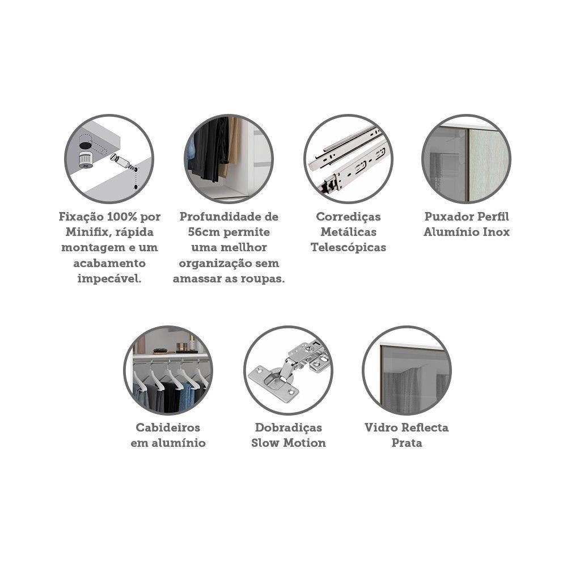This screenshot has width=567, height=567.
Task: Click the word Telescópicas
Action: (348, 248)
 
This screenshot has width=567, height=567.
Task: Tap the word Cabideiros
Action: (168, 428)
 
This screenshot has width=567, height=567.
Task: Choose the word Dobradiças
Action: (288, 428)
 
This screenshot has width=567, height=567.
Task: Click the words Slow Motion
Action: (288, 443)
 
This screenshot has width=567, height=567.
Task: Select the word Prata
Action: (407, 443)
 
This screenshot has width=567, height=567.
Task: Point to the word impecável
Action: (109, 279)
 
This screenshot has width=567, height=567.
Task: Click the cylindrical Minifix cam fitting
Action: (86, 159)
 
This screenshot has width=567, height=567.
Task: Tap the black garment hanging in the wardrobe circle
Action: (209, 150)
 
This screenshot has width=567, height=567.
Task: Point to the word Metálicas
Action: (348, 232)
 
